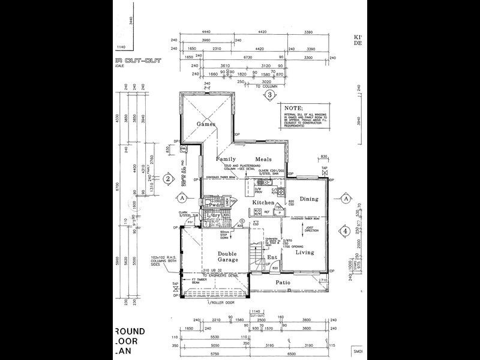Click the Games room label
pyautogui.click(x=206, y=124)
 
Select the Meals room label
pyautogui.click(x=263, y=160)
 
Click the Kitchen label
pyautogui.click(x=263, y=203)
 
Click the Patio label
pyautogui.click(x=283, y=282)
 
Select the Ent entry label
pyautogui.click(x=272, y=257)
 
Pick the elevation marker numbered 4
pyautogui.click(x=345, y=231)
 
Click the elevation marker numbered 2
pyautogui.click(x=169, y=178)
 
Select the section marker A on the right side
pyautogui.click(x=346, y=197)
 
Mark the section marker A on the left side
pyautogui.click(x=178, y=197)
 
